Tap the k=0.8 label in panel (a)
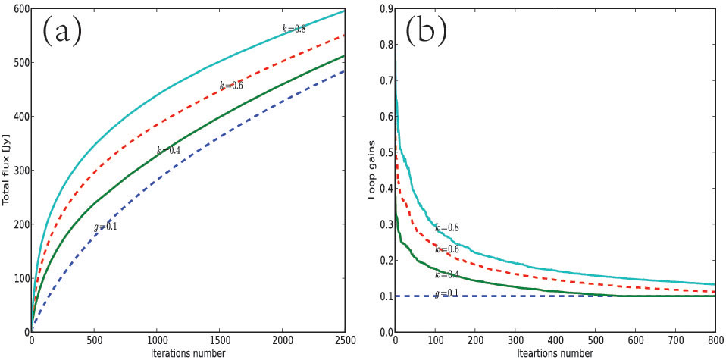[x=294, y=30]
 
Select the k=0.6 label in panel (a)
[x=231, y=86]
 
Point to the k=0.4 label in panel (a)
[x=168, y=151]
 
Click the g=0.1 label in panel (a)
[x=105, y=226]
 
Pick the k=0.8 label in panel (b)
[x=447, y=227]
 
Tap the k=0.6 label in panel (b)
[x=447, y=249]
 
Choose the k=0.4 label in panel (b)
[x=447, y=274]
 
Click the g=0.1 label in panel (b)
[x=447, y=294]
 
